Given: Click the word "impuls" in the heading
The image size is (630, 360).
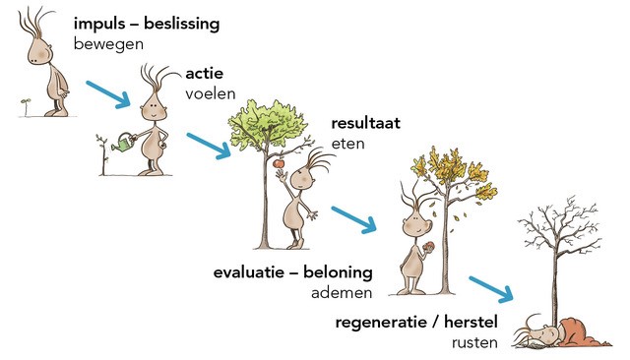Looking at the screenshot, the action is [99, 25].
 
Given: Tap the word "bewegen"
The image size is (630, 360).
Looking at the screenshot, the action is [108, 44].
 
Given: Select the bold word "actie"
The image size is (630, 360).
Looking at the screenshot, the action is [205, 74].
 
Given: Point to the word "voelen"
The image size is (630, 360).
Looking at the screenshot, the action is [210, 93].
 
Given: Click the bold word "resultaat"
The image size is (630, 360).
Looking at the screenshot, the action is [365, 123].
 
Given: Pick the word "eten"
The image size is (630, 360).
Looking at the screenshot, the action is [347, 144].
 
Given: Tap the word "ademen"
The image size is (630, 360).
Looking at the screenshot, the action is [342, 292].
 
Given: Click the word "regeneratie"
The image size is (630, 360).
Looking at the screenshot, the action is [382, 323].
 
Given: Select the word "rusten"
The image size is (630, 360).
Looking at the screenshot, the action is [474, 342].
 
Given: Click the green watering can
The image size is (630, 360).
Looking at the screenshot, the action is [123, 143].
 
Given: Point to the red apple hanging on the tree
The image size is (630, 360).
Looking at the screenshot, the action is [279, 163].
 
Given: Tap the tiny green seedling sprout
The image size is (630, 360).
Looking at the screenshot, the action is [27, 105].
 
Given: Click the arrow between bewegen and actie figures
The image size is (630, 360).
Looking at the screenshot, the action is [108, 94].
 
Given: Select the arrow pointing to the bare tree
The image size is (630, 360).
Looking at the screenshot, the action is [491, 289].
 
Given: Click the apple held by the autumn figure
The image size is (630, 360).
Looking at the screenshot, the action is [428, 247].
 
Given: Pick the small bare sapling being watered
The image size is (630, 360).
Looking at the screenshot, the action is [102, 154].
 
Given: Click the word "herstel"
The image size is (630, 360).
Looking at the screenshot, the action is [471, 323].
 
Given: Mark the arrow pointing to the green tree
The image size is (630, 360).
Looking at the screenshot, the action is [209, 147].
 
